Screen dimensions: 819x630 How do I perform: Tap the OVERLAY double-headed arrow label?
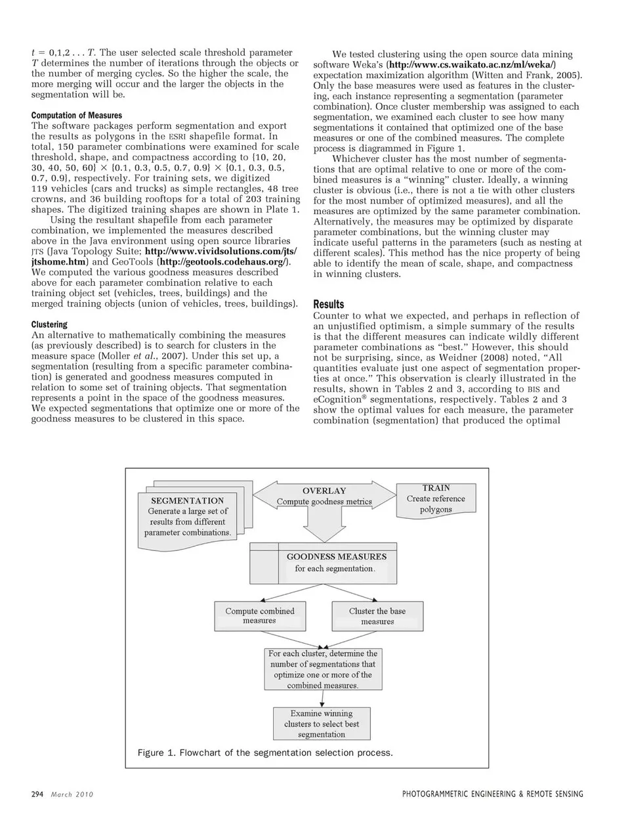point(324,497)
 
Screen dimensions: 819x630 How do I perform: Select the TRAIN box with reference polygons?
point(436,498)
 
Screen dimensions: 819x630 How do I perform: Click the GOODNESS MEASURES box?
point(336,563)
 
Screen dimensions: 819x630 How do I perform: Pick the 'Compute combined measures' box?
point(260,616)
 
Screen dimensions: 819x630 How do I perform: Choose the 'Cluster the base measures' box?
point(377,616)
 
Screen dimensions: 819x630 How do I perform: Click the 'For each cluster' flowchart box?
point(323,669)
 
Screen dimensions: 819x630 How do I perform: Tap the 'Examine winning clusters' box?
point(322,724)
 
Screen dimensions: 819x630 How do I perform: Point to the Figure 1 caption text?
point(265,753)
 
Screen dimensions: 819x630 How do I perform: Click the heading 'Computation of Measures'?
point(77,115)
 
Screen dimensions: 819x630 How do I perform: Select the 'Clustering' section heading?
point(49,324)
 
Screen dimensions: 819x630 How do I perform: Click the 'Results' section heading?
point(329,304)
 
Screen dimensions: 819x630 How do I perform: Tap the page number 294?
point(37,794)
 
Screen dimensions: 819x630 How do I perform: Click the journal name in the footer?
point(492,794)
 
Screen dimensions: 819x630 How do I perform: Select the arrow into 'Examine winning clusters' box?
point(322,699)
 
